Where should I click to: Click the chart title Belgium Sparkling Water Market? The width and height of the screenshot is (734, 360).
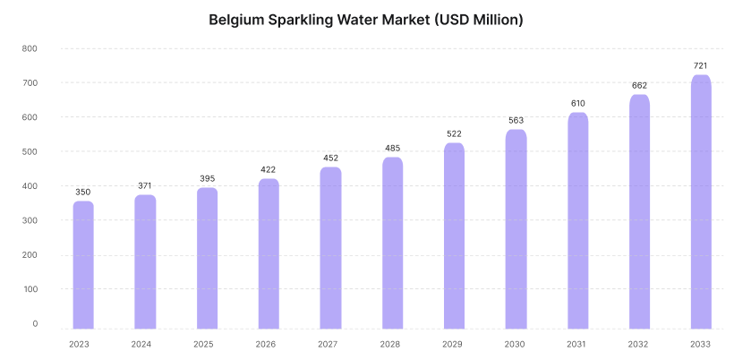point(320,20)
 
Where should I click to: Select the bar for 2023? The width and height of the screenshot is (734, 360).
point(83,265)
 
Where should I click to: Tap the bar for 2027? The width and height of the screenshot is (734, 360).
point(330,248)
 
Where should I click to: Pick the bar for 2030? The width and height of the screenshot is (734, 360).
point(516,229)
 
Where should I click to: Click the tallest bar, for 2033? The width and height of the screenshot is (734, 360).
point(701,201)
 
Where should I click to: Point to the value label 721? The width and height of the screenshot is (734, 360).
point(701,66)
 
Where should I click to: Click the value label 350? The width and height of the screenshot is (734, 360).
point(83,192)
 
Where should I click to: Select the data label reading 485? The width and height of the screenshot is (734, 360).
point(393,149)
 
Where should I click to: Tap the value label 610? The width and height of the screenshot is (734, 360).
point(578,104)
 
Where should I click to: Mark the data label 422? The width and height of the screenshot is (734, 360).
point(269,169)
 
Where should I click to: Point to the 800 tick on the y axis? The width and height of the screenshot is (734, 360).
point(30,48)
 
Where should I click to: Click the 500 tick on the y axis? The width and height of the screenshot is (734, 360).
point(30,151)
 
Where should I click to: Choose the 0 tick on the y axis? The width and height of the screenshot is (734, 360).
point(35,323)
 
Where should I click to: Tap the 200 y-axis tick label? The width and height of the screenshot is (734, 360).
point(30,255)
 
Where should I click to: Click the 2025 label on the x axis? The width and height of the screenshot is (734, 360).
point(203,345)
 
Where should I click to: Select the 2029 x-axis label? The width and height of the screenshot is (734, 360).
point(452,345)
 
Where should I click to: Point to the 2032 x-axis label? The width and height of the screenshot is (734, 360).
point(638,345)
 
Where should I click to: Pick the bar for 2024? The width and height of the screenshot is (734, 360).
point(145,261)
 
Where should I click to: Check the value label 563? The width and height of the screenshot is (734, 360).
point(516,120)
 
